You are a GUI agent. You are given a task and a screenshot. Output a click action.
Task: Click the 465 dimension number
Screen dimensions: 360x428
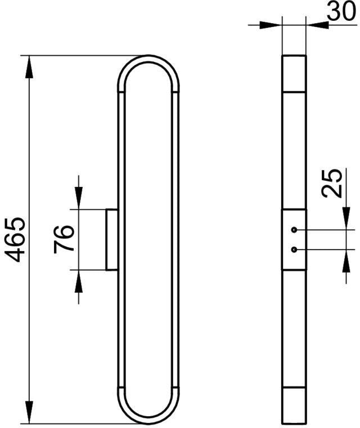click(x=15, y=240)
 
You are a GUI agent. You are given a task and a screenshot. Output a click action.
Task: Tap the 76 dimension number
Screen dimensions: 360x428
click(x=64, y=239)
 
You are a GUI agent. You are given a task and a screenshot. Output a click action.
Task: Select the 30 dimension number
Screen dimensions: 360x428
click(x=341, y=11)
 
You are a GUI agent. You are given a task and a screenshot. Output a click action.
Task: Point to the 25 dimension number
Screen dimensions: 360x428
click(x=332, y=183)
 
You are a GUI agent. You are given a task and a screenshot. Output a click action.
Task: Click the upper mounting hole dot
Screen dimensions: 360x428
click(x=294, y=230)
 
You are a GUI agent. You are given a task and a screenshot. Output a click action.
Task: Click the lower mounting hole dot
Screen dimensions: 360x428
click(x=294, y=249)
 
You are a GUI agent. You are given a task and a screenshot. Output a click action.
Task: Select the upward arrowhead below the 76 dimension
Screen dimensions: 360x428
click(x=79, y=282)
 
